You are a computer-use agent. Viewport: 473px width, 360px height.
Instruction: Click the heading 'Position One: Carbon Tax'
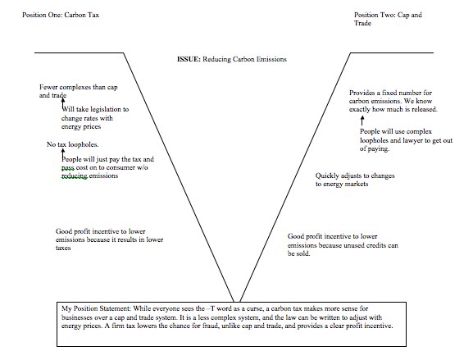61,15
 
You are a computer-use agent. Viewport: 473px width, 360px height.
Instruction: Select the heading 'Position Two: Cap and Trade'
388,19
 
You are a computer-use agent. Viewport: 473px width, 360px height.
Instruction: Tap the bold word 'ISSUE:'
189,59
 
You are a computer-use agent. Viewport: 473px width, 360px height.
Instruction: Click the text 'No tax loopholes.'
73,144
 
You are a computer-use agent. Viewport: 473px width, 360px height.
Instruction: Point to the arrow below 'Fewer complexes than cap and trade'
63,103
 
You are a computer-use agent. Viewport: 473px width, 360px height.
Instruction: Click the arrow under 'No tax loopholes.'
63,154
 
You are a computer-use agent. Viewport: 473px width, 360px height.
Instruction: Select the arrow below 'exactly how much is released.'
362,121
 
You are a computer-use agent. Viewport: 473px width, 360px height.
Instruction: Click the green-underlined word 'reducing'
75,175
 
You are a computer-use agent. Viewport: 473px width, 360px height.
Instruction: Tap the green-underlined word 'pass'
68,168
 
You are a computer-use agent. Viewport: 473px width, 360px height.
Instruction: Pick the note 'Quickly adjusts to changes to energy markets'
355,180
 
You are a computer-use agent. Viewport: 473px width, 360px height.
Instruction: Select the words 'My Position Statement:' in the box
96,308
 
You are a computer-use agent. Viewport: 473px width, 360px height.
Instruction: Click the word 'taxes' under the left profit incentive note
63,248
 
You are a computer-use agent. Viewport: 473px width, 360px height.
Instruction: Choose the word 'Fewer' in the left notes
48,87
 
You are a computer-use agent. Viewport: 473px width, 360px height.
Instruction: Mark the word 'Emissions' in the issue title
271,59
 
